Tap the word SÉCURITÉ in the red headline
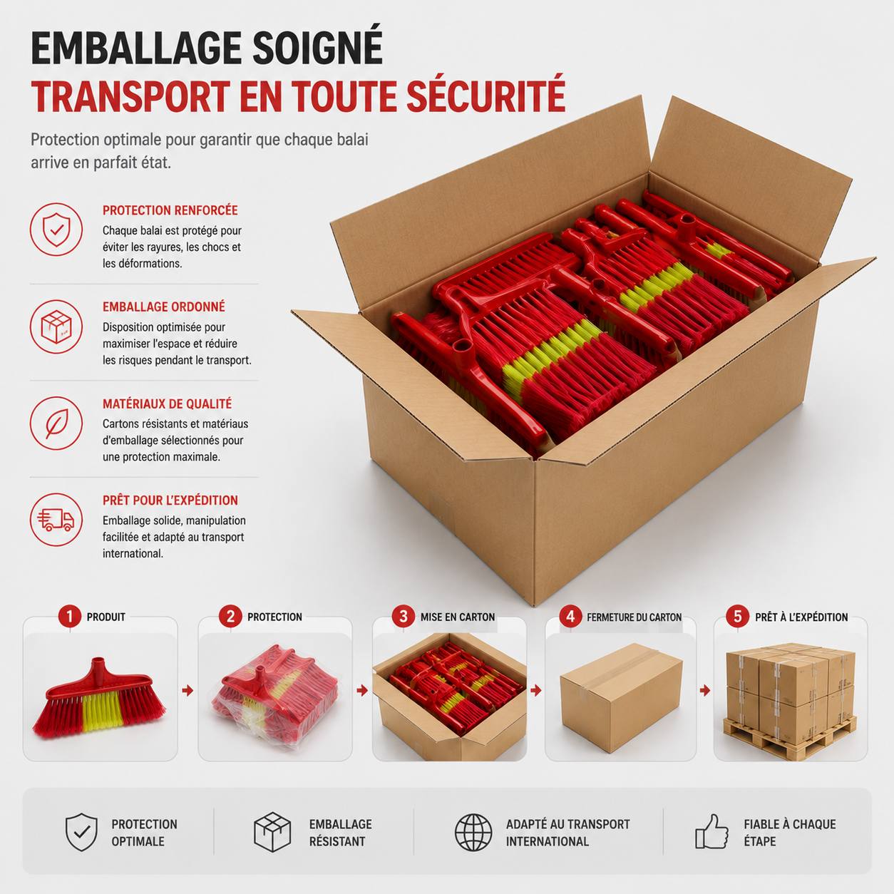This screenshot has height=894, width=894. pyautogui.click(x=486, y=96)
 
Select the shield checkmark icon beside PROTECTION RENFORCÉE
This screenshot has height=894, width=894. pyautogui.click(x=56, y=229)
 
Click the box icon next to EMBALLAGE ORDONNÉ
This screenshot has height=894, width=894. pyautogui.click(x=56, y=326)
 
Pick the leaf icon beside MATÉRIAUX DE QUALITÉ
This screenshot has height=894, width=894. pyautogui.click(x=56, y=423)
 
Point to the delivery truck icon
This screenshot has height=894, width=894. pyautogui.click(x=56, y=520)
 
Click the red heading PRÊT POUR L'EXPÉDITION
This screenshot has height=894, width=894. pyautogui.click(x=170, y=500)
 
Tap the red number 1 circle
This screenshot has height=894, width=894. pyautogui.click(x=70, y=617)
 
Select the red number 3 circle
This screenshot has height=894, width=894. pyautogui.click(x=404, y=617)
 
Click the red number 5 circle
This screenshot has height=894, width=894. pyautogui.click(x=738, y=617)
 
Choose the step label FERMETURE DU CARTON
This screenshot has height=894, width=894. pyautogui.click(x=634, y=617)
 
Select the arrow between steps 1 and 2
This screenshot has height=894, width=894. pyautogui.click(x=187, y=691)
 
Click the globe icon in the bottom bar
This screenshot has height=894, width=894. pyautogui.click(x=473, y=832)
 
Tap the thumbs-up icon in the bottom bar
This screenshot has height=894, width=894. pyautogui.click(x=711, y=832)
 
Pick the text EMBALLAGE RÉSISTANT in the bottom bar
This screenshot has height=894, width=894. pyautogui.click(x=341, y=832)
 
